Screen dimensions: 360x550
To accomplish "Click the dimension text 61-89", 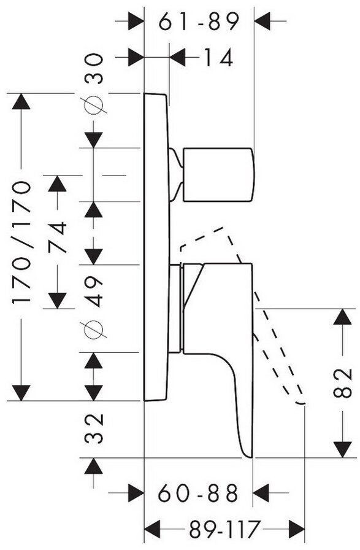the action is pos(199,21).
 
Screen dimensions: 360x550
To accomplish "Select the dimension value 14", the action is pos(218,58).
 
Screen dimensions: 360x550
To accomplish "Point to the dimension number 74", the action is pos(57,237).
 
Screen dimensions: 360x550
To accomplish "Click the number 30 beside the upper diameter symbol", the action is pos(94,68).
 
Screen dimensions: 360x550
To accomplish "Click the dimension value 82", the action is pos(342,382).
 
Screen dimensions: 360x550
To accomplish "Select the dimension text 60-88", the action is pos(198,493).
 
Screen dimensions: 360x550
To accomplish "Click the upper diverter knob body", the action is pos(217,175).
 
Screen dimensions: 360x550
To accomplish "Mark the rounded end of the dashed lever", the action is pos(301,403).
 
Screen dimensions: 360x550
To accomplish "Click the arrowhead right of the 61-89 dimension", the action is pos(263,21).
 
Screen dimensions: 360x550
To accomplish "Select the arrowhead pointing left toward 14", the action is pos(178,57).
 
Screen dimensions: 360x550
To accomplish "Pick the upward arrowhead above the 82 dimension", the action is pos(342,317).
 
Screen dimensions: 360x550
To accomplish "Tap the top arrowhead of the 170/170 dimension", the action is pos(21,102).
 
